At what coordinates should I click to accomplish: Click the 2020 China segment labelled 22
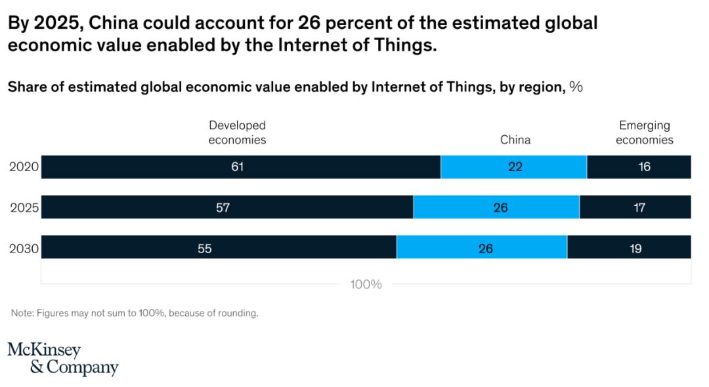(514, 167)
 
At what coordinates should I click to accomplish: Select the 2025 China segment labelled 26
(497, 207)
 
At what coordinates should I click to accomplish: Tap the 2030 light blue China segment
(483, 247)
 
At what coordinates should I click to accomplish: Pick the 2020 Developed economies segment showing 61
(240, 167)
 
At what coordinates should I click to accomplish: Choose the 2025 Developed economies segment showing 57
(227, 207)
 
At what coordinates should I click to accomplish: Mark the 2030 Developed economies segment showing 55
(219, 247)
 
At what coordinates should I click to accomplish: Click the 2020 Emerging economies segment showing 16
(639, 167)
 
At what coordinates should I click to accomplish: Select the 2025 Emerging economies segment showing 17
(635, 207)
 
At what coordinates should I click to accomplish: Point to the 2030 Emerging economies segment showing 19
(630, 247)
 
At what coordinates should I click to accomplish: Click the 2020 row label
(24, 167)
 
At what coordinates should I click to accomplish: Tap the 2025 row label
(24, 208)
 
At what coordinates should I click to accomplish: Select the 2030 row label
(24, 249)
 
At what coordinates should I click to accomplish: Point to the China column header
(515, 140)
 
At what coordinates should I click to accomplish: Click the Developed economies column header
(237, 132)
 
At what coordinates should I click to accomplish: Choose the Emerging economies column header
(645, 132)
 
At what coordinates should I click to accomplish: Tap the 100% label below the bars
(366, 285)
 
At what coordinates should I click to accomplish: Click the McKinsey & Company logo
(62, 358)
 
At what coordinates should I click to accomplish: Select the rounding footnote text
(135, 314)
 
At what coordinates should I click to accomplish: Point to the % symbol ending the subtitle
(576, 87)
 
